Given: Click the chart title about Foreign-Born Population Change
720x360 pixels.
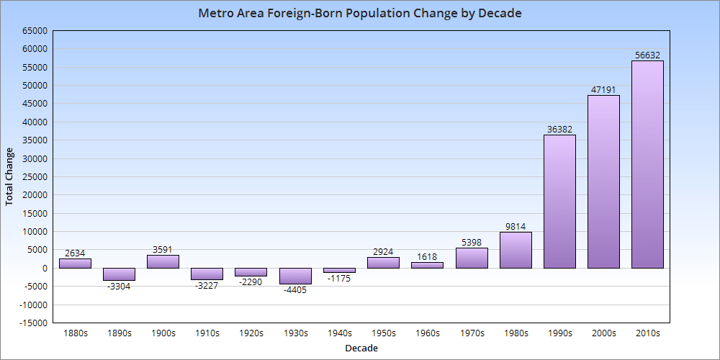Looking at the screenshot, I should pos(359,14).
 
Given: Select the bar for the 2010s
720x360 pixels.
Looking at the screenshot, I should pos(647,164).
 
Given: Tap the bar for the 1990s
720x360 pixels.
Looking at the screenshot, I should pos(559,202).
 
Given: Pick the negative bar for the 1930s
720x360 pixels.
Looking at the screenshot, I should pos(295,276).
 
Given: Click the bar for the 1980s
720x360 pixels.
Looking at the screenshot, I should pos(516,250).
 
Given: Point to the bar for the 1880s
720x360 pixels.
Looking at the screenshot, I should pos(75,264).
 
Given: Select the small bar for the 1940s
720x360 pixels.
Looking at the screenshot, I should pos(339,270).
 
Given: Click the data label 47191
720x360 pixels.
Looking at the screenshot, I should pos(603,89).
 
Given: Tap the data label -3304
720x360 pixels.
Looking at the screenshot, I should pos(119,287).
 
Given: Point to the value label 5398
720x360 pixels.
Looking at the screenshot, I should pos(472,243).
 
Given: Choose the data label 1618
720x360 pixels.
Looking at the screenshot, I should pos(428,256).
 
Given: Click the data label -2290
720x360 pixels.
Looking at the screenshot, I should pos(251,282).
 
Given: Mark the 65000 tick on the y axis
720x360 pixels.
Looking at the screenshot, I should pos(35,31).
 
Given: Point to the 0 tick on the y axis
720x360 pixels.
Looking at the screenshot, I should pos(45,269).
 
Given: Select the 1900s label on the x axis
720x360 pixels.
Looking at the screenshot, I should pos(163,333).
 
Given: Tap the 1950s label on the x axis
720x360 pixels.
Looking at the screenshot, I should pos(383,333).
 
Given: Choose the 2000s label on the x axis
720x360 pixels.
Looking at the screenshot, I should pos(603,333).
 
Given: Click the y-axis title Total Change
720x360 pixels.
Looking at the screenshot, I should pos(9,176).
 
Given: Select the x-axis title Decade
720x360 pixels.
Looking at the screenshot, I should pos(361,348).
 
